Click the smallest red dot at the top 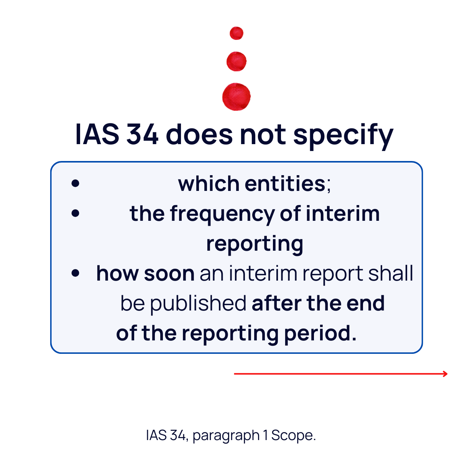pos(237,33)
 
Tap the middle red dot pos(237,61)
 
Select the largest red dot pos(237,97)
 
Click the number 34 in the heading pos(142,135)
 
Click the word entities pos(285,184)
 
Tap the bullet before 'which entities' pos(75,183)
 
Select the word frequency pos(222,215)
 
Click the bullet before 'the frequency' pos(75,213)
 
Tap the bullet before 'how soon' pos(75,273)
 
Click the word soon pos(169,274)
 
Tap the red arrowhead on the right pos(445,374)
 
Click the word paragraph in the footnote pos(226,435)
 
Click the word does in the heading pos(199,135)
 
